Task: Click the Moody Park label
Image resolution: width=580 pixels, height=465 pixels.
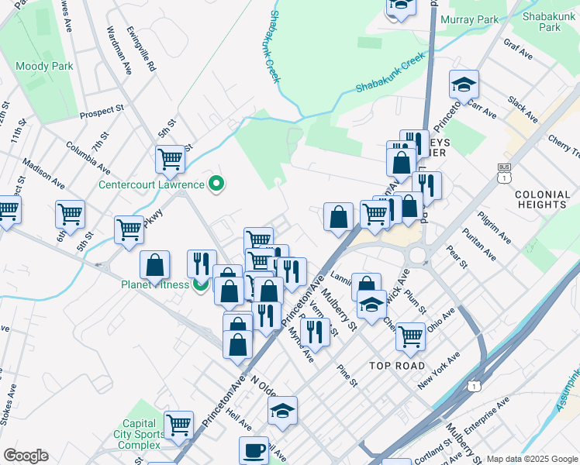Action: (45, 67)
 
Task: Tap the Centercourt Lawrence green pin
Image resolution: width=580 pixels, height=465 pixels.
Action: (218, 184)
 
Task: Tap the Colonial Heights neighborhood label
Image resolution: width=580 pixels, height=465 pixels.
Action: (540, 199)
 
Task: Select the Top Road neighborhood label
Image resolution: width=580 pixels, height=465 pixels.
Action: (397, 366)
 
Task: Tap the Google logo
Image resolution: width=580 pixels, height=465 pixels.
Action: (26, 456)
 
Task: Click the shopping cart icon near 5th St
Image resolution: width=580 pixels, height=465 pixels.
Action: (170, 160)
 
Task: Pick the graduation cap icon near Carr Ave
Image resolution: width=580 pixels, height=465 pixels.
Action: (464, 84)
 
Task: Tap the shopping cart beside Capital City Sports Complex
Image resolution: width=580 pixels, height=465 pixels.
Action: (178, 425)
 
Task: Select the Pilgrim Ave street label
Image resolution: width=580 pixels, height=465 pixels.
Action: (494, 226)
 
